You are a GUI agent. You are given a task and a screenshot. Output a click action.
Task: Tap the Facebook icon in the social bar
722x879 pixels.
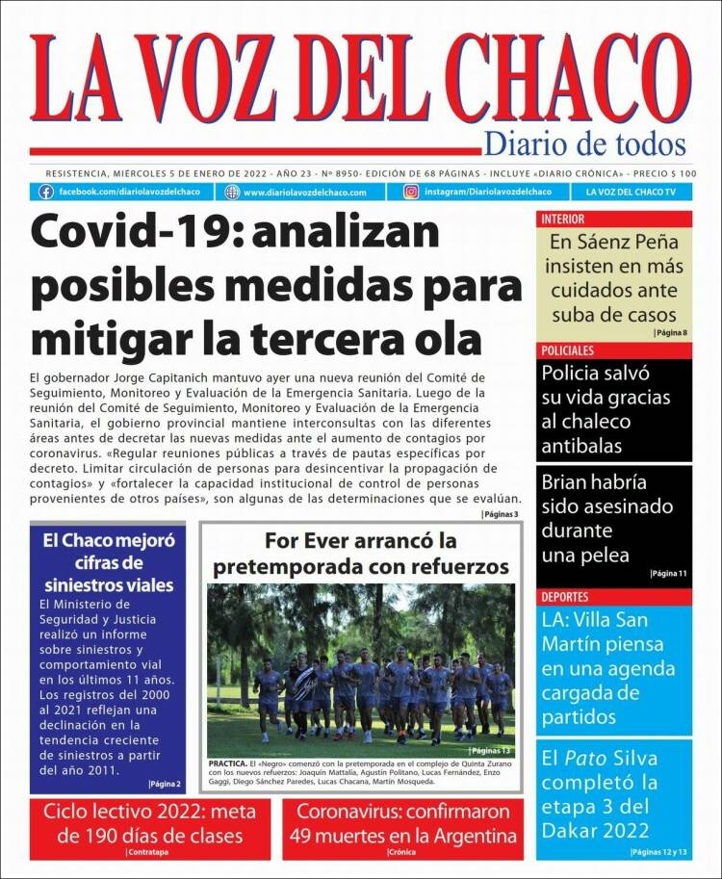tap(45, 192)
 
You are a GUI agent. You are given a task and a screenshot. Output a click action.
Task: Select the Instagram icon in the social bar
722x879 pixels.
tap(411, 192)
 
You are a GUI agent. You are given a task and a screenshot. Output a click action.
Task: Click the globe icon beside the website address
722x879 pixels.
tap(232, 192)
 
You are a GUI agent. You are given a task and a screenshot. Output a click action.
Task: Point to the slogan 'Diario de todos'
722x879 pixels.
tap(584, 144)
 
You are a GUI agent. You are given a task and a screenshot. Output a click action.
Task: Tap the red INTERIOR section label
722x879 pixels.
tap(563, 220)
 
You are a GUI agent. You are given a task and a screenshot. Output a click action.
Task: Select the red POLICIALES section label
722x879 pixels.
tap(568, 350)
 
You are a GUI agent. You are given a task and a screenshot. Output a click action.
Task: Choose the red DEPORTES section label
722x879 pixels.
tap(565, 597)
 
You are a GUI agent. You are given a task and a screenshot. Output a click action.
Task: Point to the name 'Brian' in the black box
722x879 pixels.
tap(567, 483)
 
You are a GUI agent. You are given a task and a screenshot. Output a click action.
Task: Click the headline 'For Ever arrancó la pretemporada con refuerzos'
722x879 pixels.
tap(361, 554)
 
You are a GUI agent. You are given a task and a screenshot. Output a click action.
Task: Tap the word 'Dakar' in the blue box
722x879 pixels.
tap(574, 831)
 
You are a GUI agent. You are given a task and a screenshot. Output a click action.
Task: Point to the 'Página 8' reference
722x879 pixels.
tap(671, 333)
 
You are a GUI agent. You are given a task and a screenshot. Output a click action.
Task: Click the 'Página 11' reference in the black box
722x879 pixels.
tap(669, 574)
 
